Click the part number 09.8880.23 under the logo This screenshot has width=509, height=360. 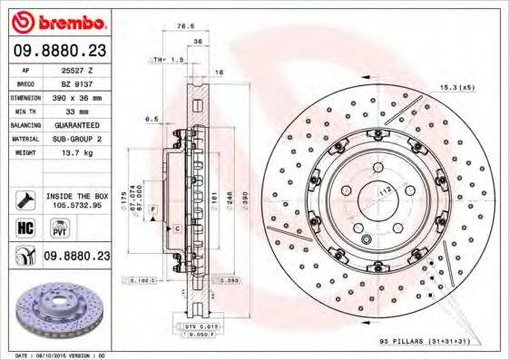(59, 53)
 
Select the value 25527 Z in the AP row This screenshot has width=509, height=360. (78, 71)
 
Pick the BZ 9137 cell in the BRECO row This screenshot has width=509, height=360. (78, 83)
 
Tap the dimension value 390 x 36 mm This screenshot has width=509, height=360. (78, 97)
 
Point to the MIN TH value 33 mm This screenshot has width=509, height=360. (78, 111)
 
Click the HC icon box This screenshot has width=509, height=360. (26, 229)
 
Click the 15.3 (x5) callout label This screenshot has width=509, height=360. (456, 87)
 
